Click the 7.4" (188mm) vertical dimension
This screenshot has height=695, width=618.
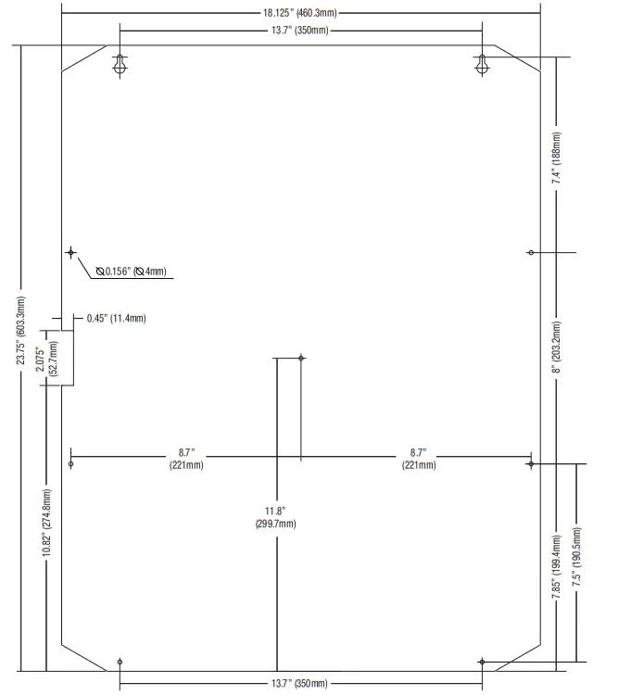(556, 163)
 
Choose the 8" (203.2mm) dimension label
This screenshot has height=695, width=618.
(556, 347)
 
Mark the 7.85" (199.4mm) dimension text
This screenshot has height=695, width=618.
(556, 567)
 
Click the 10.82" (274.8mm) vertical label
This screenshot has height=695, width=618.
(46, 524)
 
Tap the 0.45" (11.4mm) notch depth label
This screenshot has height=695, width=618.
(116, 318)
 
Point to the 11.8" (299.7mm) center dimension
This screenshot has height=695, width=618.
(275, 517)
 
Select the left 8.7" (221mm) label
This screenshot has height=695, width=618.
(186, 459)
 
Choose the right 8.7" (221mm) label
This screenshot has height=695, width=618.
(418, 459)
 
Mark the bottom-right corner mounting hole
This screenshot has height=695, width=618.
(482, 661)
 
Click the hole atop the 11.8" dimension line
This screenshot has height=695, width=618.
(300, 358)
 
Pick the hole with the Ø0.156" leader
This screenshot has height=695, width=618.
(70, 252)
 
